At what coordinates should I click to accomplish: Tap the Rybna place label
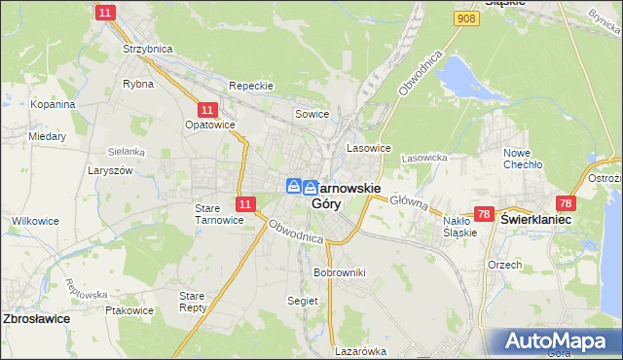click(x=137, y=84)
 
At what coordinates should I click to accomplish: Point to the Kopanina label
click(x=53, y=104)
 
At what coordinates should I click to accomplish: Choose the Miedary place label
click(x=47, y=137)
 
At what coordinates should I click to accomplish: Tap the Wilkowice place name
click(x=32, y=222)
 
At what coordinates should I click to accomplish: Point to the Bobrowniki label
click(x=339, y=272)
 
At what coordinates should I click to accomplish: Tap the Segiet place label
click(x=302, y=302)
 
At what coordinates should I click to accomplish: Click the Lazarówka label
click(x=360, y=351)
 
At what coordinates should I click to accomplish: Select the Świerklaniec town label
click(x=534, y=221)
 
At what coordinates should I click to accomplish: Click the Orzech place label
click(x=504, y=265)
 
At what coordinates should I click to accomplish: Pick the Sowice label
click(x=312, y=115)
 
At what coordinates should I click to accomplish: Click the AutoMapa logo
click(x=554, y=341)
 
